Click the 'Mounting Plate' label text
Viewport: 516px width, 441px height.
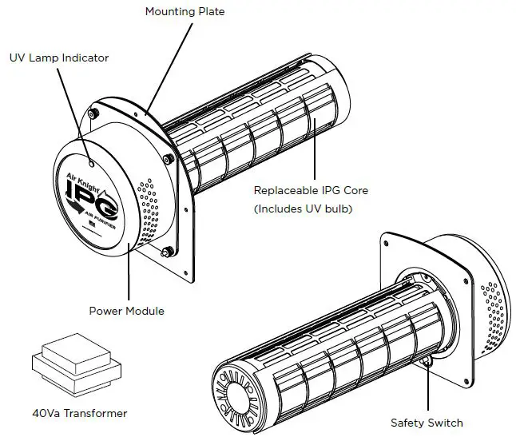coord(185,12)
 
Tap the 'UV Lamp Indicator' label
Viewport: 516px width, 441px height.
coord(59,58)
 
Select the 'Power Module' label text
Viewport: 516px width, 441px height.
coord(127,311)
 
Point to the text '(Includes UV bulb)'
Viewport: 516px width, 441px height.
coord(302,209)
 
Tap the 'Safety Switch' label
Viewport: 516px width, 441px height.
coord(427,423)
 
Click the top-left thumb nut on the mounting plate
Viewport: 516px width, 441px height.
coord(93,114)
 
